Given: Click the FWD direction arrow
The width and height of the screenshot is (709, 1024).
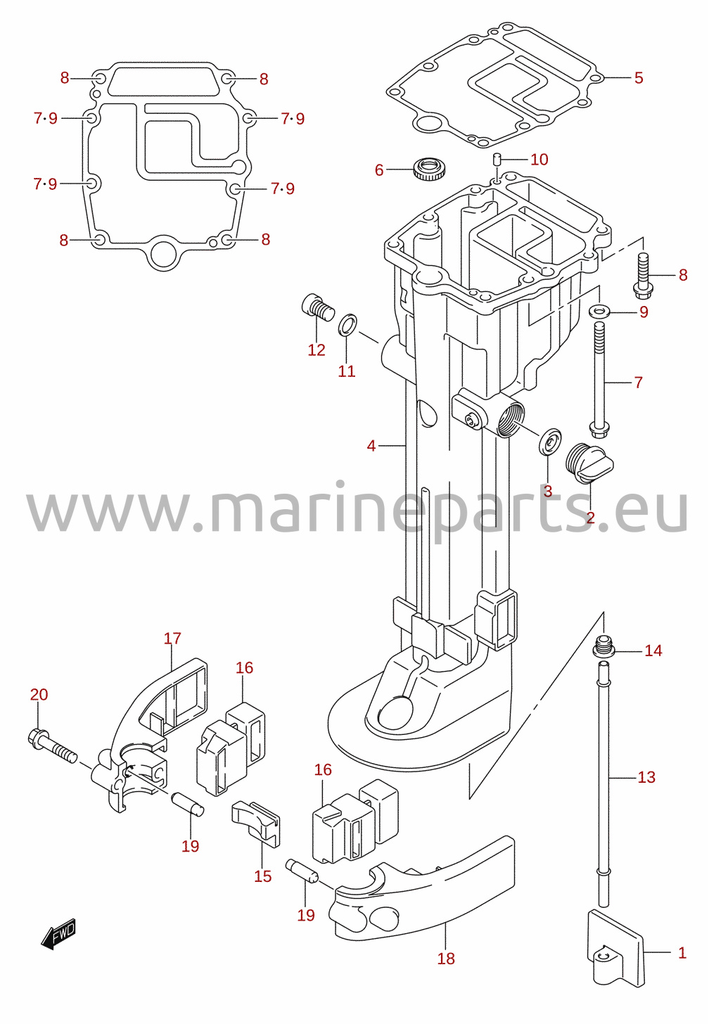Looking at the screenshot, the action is pos(58,933).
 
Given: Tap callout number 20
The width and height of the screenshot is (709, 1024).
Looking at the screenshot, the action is pos(39,694).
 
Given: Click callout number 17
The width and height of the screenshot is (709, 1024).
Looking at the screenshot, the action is pos(172,638).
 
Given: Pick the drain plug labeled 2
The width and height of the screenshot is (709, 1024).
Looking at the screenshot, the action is pos(589,463).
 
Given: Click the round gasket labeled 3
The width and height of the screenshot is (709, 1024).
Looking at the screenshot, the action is pos(550,441).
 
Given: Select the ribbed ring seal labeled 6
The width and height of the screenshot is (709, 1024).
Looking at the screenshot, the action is pos(429,169).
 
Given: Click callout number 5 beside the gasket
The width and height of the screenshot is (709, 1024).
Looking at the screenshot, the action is pos(639,77).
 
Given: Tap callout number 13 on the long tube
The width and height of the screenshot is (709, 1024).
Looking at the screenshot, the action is pos(646,777).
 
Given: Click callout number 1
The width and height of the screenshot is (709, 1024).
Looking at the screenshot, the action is pos(682,953).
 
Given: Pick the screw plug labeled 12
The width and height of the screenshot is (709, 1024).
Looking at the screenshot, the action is pos(319,308).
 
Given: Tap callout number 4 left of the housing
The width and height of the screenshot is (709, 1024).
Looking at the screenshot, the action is pos(371,445).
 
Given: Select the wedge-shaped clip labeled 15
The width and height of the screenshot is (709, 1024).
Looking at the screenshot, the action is pos(257,824).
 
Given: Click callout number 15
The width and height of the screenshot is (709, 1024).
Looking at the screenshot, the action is pos(263,876).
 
